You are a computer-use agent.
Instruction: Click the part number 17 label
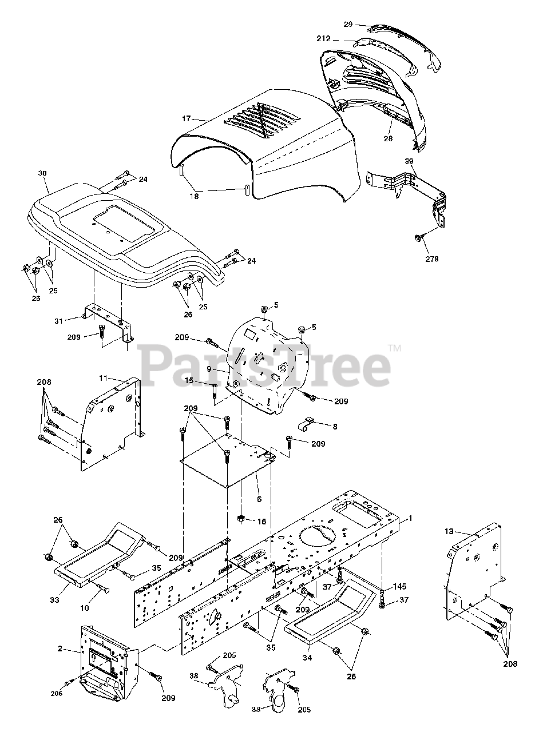[186, 118]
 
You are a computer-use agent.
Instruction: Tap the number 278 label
[432, 259]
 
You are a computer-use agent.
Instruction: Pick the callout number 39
[409, 161]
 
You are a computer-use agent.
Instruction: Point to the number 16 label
[261, 522]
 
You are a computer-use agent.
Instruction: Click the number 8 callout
[335, 426]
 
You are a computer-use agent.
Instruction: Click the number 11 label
[103, 378]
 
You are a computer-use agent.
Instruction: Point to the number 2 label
[60, 649]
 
